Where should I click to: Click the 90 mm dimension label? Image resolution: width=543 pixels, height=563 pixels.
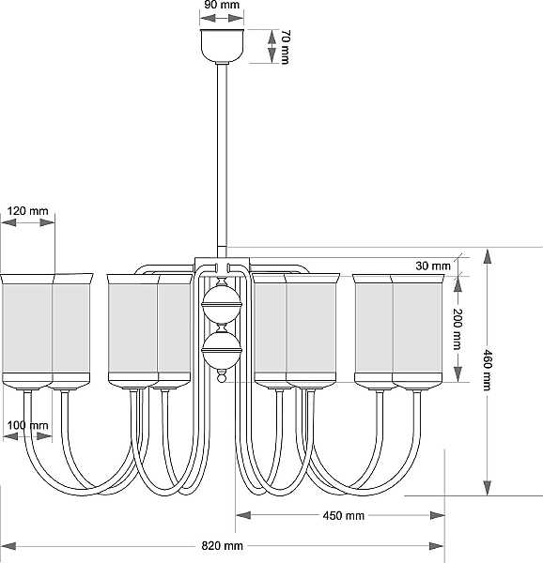pos(222,5)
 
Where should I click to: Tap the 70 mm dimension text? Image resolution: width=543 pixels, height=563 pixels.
pos(285,47)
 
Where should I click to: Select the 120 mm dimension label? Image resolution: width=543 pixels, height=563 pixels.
pos(27,210)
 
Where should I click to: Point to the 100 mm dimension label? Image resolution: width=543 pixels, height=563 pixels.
pos(27,425)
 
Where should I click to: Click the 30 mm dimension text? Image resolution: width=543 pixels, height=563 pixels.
pos(433,266)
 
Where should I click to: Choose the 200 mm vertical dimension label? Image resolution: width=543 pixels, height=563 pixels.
pos(458,328)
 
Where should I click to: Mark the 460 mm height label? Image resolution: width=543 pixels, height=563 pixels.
pos(487,370)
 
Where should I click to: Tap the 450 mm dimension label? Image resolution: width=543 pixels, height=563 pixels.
pos(344,515)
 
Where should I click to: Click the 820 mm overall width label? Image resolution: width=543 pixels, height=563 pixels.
pos(222,546)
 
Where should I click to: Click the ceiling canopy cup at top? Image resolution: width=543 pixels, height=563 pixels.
pos(222,46)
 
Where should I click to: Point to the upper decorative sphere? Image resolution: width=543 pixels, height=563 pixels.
pos(222,304)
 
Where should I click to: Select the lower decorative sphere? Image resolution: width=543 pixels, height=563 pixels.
pos(222,350)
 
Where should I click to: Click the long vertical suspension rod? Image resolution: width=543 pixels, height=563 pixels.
pos(222,160)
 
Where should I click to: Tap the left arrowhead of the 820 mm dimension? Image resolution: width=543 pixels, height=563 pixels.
pos(9,546)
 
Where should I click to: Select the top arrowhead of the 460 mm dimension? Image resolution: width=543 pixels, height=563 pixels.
pos(488,257)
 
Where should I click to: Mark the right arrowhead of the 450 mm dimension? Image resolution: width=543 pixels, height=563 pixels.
pos(438,515)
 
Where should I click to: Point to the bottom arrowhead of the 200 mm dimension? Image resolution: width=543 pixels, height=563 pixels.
pos(458,374)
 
